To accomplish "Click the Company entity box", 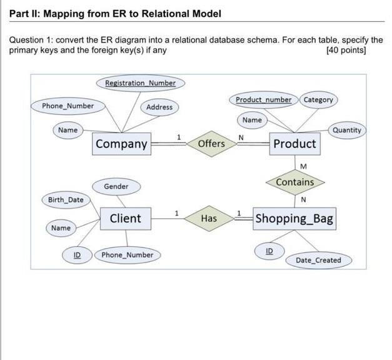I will tap(122, 144).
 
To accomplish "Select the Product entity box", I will tap(294, 144).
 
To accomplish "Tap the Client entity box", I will tap(125, 218).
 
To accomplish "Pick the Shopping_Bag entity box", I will tap(294, 219).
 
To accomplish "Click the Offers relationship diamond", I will tap(211, 144).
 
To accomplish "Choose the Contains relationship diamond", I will tap(294, 182).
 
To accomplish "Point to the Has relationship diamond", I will tap(209, 218).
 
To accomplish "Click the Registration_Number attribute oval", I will tap(140, 83).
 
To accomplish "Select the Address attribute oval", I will tap(159, 107).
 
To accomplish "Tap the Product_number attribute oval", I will tap(263, 99).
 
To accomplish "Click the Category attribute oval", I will tap(319, 99).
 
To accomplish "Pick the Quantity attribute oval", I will tap(346, 130).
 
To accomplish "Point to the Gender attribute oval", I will tap(116, 186).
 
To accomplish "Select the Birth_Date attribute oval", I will tap(66, 200).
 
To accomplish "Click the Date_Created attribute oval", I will tap(318, 260).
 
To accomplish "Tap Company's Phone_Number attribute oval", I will tap(68, 106).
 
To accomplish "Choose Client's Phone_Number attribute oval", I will tap(127, 254).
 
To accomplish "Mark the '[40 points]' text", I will tap(346, 50).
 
